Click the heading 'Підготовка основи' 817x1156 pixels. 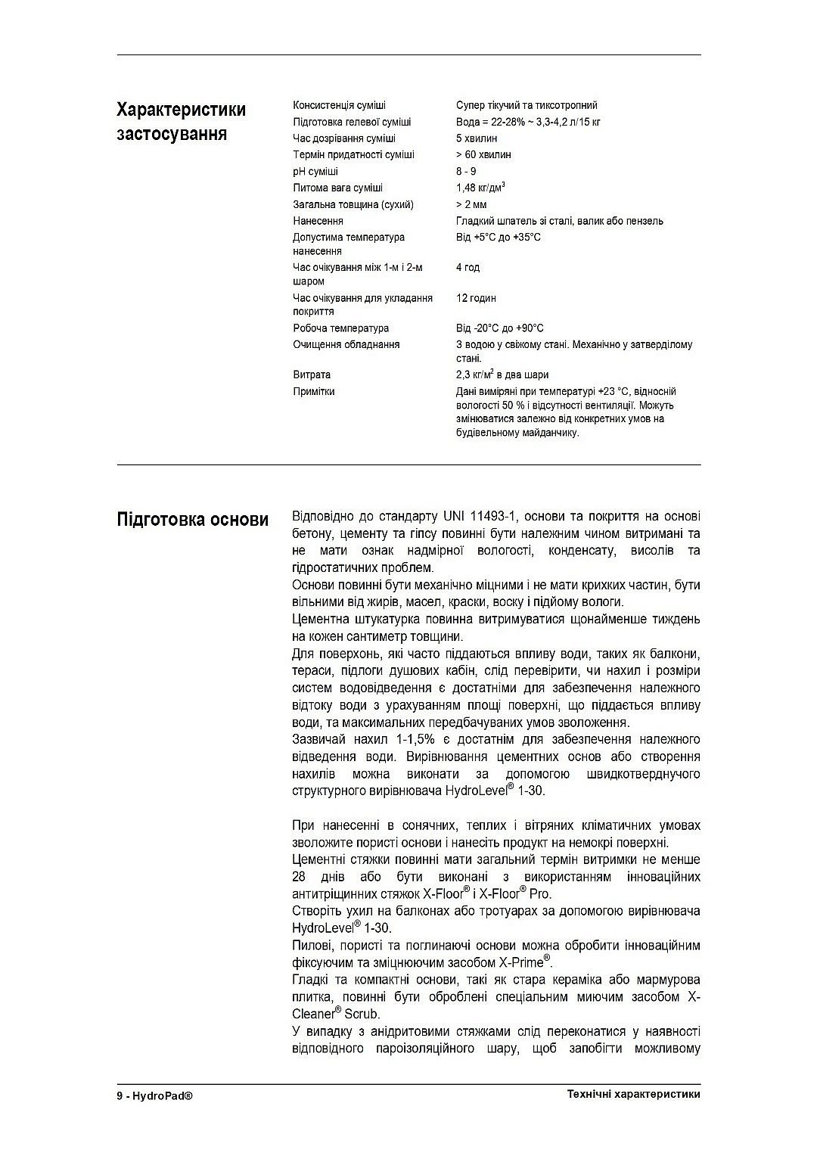[x=192, y=520]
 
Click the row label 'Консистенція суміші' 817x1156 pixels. [x=339, y=105]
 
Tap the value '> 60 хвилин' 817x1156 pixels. [x=483, y=154]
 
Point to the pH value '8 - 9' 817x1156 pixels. [x=466, y=172]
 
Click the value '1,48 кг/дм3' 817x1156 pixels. [x=480, y=188]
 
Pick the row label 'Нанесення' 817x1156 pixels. [x=318, y=221]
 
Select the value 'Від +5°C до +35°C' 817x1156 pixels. [x=498, y=238]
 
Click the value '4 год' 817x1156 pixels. [x=468, y=268]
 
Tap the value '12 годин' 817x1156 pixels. [x=476, y=298]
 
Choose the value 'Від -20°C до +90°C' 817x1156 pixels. [x=499, y=328]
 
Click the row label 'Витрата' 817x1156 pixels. [x=312, y=374]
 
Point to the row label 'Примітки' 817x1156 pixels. [x=313, y=391]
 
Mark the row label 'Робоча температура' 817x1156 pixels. [x=340, y=328]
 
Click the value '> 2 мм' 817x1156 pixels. [x=471, y=204]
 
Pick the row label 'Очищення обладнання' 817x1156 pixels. [x=346, y=345]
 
